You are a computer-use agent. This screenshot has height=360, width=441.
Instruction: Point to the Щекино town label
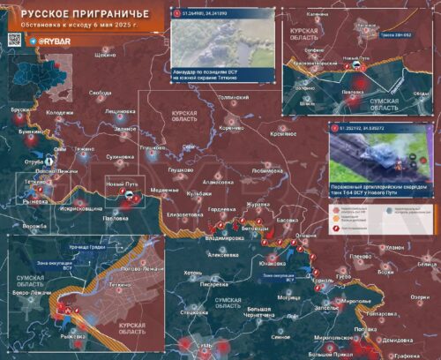105,55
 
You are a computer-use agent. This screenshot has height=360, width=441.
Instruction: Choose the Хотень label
193,274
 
